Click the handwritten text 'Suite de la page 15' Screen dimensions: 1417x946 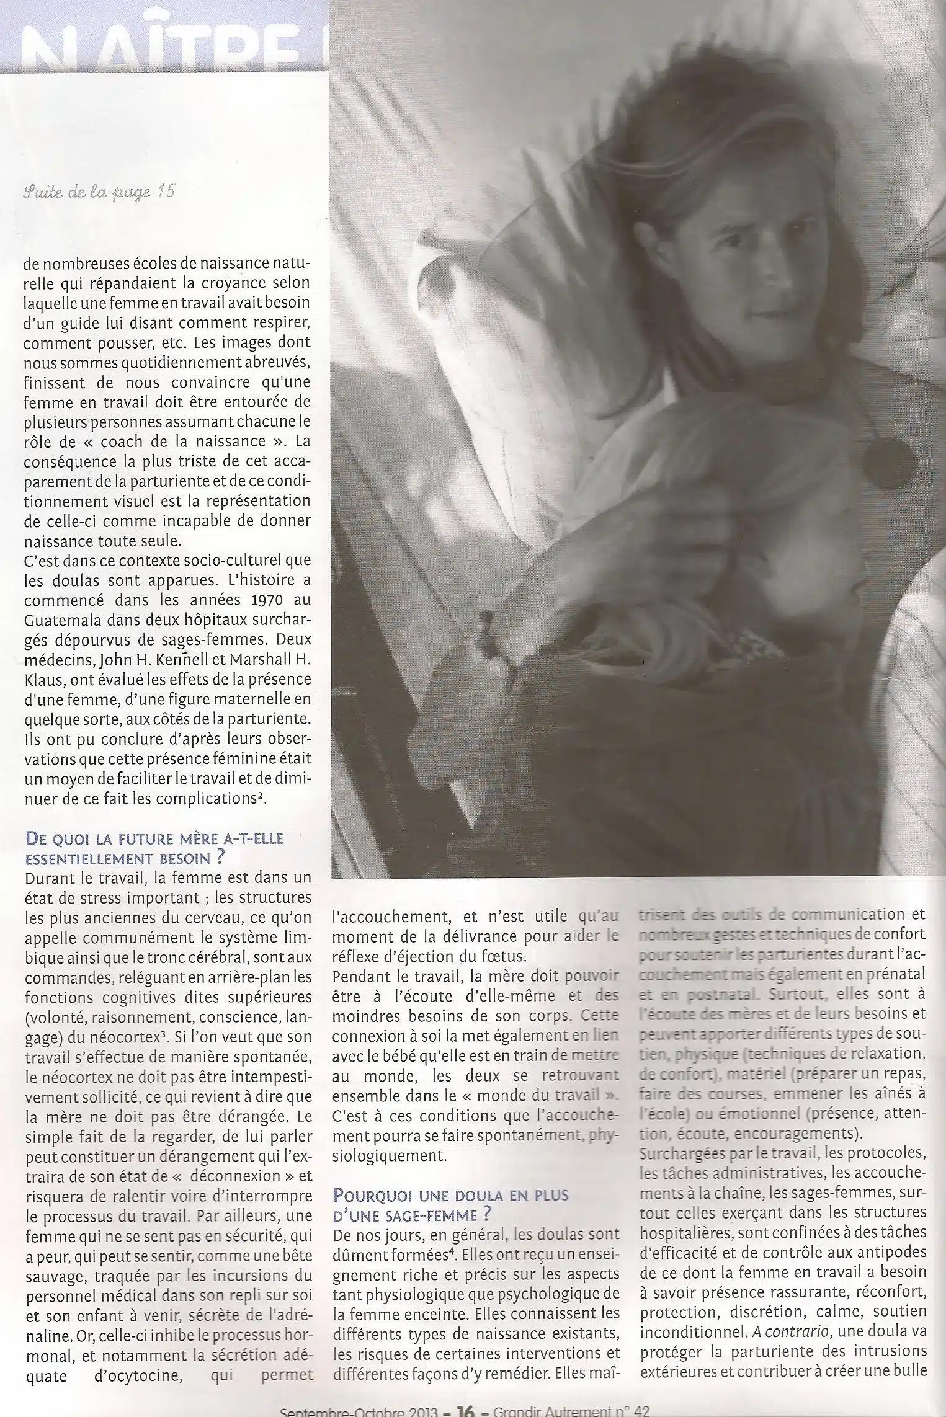[99, 192]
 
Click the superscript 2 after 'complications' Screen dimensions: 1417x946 [262, 796]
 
